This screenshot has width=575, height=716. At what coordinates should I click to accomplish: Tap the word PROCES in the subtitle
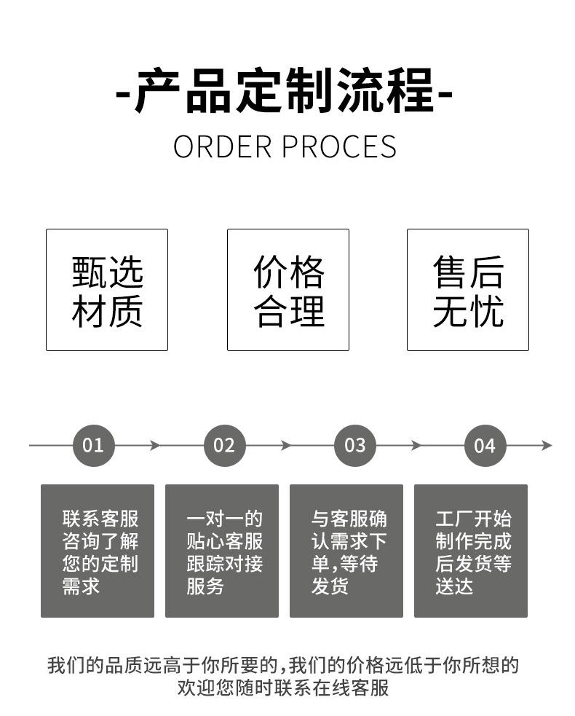[x=338, y=146]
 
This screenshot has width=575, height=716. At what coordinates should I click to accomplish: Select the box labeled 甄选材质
[x=107, y=290]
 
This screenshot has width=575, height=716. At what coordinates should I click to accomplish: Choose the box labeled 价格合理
[x=288, y=290]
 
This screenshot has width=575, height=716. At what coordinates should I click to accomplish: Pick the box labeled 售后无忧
[x=468, y=290]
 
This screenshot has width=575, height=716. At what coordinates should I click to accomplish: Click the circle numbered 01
[x=94, y=445]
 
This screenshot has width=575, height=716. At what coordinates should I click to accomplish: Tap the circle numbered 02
[x=224, y=445]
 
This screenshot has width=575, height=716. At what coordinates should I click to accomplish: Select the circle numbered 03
[x=354, y=445]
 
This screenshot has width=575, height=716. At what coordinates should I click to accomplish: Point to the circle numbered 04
[x=485, y=445]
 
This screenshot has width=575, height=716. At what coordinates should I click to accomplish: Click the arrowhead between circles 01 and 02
[x=155, y=445]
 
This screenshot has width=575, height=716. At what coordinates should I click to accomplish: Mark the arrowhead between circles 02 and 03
[x=286, y=445]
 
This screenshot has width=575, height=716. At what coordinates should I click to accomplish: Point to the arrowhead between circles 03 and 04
[x=416, y=445]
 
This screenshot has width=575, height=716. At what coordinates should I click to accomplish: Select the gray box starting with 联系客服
[x=98, y=551]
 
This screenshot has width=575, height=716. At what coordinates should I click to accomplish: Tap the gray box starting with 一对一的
[x=222, y=551]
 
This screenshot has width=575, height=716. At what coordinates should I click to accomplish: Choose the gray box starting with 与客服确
[x=346, y=551]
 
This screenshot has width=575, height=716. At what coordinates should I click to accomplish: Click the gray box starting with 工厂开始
[x=471, y=551]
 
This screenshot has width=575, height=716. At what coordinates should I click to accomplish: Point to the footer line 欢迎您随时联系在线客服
[x=283, y=688]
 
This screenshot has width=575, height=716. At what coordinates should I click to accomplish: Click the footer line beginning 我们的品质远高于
[x=283, y=665]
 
